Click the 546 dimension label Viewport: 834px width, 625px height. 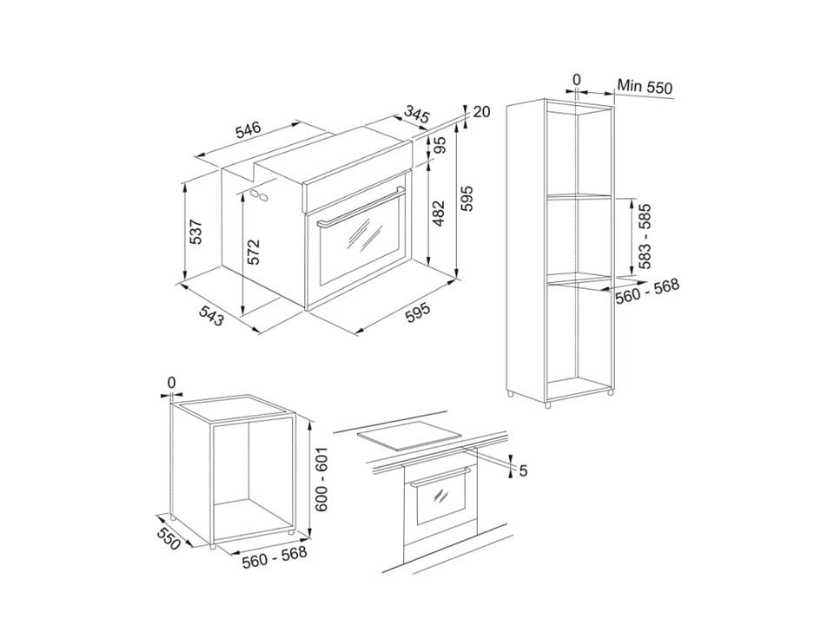(x=249, y=130)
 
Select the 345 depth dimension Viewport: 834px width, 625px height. (x=416, y=115)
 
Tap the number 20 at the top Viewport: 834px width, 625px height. (x=480, y=112)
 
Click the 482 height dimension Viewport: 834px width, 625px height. (x=438, y=213)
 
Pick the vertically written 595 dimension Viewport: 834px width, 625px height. (x=467, y=199)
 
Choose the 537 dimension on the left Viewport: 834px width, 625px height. (x=195, y=231)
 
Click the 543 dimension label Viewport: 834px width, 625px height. (x=212, y=316)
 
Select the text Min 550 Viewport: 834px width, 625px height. (x=645, y=87)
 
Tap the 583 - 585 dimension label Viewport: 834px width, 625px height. (x=645, y=236)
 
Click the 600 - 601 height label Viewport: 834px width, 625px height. (x=321, y=479)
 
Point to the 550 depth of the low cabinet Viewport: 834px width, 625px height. (x=169, y=533)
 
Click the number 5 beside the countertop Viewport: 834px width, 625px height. (x=523, y=470)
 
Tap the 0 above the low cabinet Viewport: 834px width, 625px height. (x=171, y=383)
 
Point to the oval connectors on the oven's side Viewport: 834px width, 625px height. (x=259, y=194)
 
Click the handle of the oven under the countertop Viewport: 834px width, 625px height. (x=441, y=477)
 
